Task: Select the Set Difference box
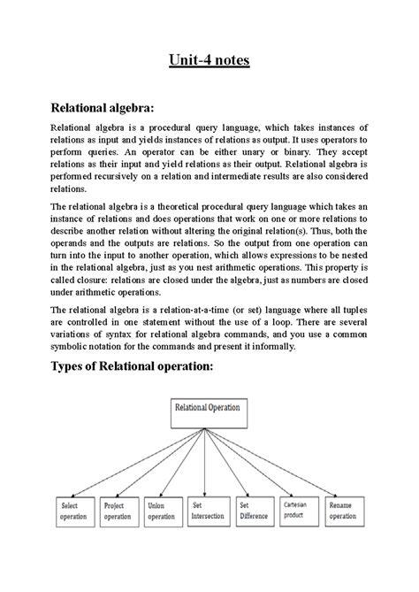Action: click(x=256, y=510)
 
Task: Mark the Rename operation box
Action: click(x=345, y=510)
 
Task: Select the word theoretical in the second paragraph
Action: click(x=177, y=206)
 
